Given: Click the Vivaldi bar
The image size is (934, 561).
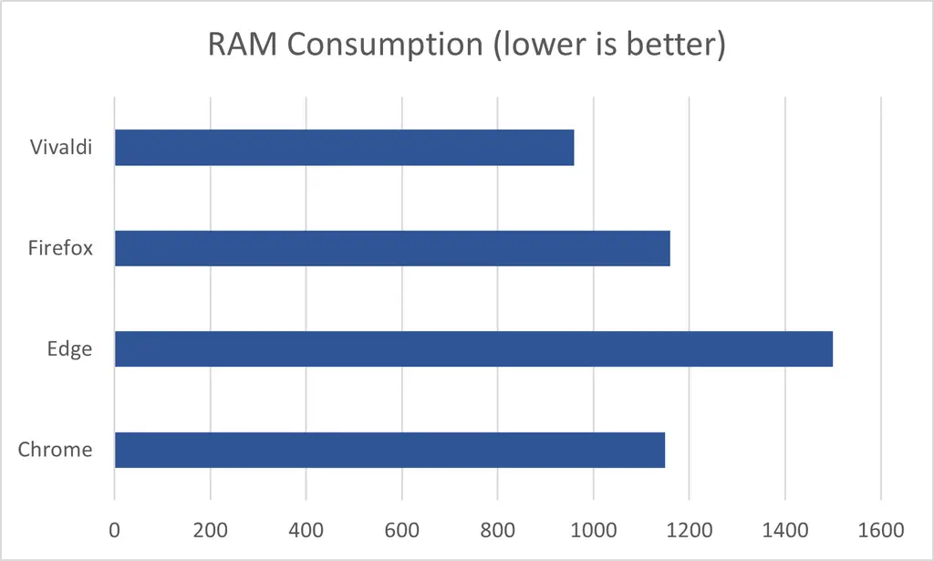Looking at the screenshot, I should click(344, 147).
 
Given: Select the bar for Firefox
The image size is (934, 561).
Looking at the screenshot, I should click(392, 248).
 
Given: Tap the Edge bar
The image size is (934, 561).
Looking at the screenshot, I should click(473, 348).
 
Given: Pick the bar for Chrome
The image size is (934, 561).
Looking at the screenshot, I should click(389, 450).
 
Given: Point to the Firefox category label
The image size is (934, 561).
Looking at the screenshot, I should click(61, 247).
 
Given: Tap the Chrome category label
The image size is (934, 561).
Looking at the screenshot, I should click(56, 450).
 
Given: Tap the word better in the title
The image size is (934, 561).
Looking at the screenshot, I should click(676, 45).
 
